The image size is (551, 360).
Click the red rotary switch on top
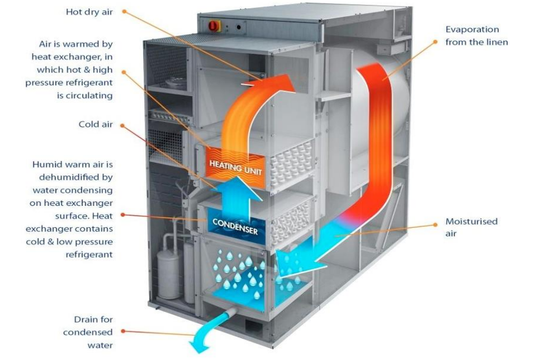click(x=214, y=25)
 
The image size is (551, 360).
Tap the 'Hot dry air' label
click(x=89, y=11)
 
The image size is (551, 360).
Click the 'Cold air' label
click(x=96, y=124)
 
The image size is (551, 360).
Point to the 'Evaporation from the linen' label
click(x=476, y=36)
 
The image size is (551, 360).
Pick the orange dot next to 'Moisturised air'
click(x=435, y=225)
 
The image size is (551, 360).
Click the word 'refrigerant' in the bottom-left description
click(x=89, y=255)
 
